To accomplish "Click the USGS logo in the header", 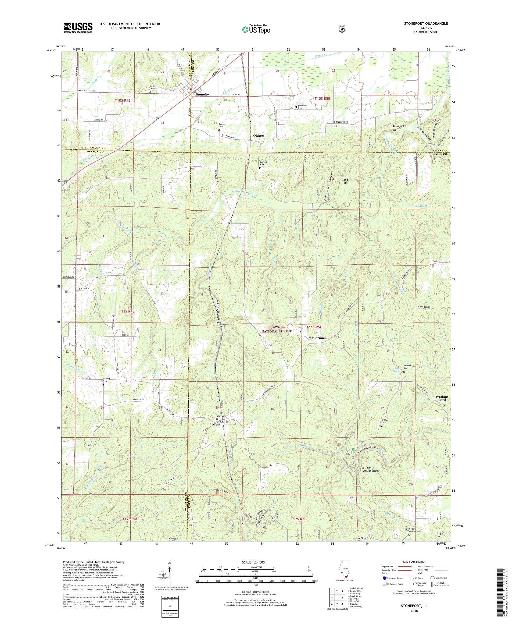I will click(77, 28).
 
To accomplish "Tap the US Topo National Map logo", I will click(256, 29).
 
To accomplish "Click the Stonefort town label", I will click(203, 94).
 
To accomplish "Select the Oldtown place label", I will click(260, 135).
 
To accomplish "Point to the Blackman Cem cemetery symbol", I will click(295, 107).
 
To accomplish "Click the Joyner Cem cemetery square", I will click(219, 130).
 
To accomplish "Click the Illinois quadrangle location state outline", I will click(344, 579).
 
